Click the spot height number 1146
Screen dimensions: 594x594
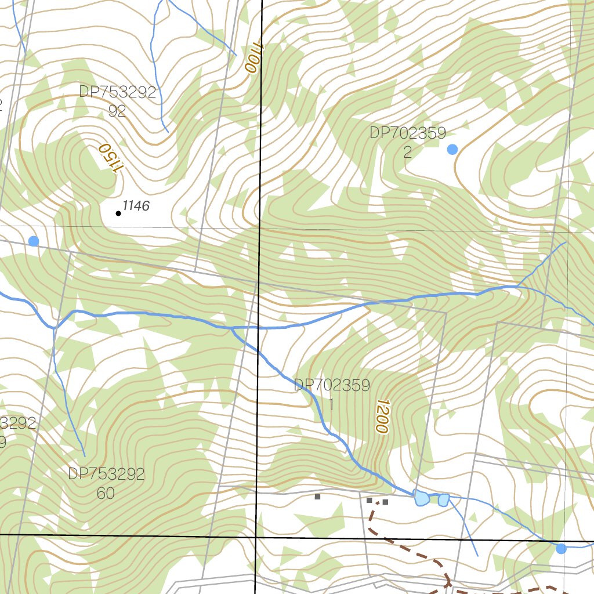pyautogui.click(x=136, y=206)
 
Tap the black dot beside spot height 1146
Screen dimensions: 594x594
pyautogui.click(x=118, y=213)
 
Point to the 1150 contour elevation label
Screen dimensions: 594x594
pyautogui.click(x=111, y=157)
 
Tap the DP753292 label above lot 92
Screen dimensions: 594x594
pyautogui.click(x=118, y=93)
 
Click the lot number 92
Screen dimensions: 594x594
pyautogui.click(x=117, y=111)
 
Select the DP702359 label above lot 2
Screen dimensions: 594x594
pyautogui.click(x=408, y=133)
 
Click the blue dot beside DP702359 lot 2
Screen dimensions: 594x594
pyautogui.click(x=452, y=150)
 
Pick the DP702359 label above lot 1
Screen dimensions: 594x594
pyautogui.click(x=332, y=386)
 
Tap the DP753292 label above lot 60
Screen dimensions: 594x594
pyautogui.click(x=106, y=474)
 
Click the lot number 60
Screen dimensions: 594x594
pyautogui.click(x=106, y=494)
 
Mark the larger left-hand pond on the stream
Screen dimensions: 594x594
pyautogui.click(x=421, y=497)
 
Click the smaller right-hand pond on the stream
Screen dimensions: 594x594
pyautogui.click(x=443, y=499)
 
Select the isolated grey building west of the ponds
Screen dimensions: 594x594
pyautogui.click(x=317, y=497)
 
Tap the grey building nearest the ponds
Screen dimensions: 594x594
pyautogui.click(x=385, y=502)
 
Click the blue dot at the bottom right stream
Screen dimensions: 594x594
pyautogui.click(x=561, y=548)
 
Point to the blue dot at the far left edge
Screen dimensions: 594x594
pyautogui.click(x=34, y=241)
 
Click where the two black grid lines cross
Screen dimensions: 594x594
pyautogui.click(x=256, y=537)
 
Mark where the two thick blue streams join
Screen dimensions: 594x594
pyautogui.click(x=231, y=328)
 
